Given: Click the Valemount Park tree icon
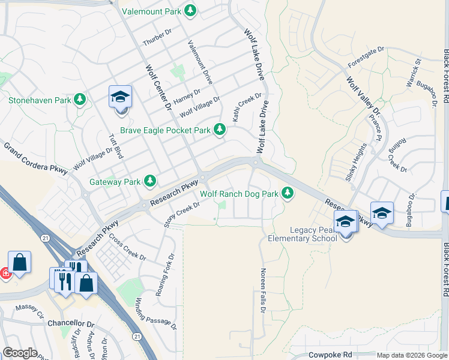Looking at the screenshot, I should point(190,11).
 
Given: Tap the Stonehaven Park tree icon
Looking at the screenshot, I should point(79,100).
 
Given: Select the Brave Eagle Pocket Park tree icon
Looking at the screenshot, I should point(220,129).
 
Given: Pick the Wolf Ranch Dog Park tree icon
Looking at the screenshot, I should point(288,193).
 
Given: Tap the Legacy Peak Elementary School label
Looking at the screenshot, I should point(303,234).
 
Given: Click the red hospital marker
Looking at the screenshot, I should point(5,273).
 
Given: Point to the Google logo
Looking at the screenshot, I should point(20,353).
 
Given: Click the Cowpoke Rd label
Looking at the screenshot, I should point(330,355).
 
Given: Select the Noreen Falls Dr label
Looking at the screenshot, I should point(262,292).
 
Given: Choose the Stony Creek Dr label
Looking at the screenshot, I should point(181,214).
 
